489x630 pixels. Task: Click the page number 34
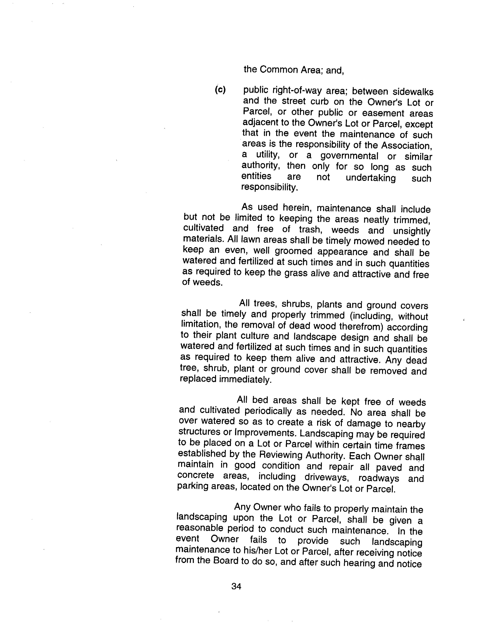coord(236,586)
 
